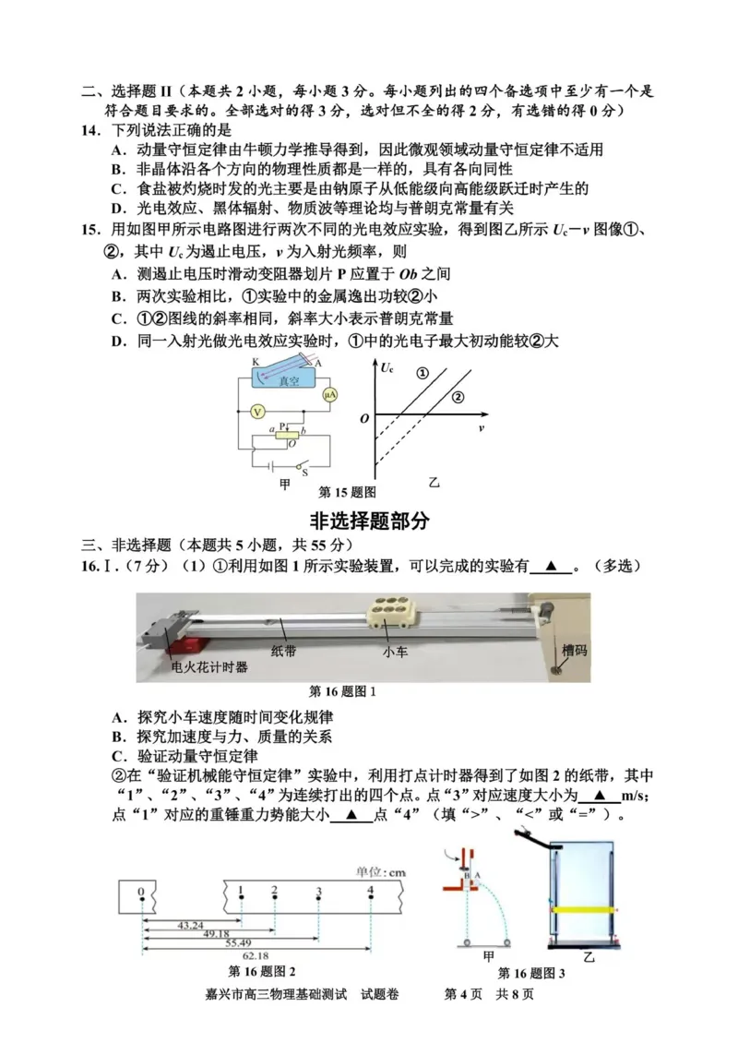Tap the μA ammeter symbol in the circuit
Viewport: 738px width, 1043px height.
[328, 394]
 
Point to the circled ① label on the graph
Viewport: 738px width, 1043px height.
[422, 373]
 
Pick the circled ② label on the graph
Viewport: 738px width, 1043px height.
[458, 397]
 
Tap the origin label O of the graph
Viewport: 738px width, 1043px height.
[364, 419]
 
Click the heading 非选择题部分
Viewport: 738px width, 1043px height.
[370, 520]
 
